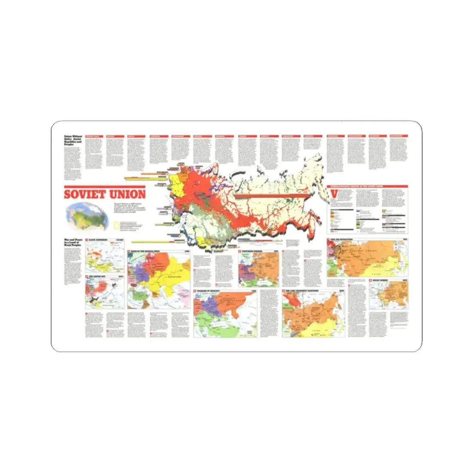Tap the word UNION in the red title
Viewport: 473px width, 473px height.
126,194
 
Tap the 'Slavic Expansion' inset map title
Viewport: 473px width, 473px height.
98,240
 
